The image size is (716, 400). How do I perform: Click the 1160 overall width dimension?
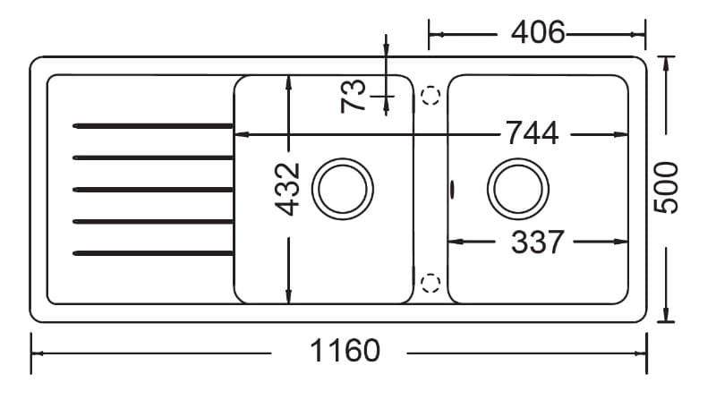[345, 351]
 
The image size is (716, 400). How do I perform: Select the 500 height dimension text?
[666, 187]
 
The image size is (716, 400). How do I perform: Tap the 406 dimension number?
[538, 33]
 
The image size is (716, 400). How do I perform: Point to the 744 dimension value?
[533, 132]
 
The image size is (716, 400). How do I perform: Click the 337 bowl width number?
[538, 242]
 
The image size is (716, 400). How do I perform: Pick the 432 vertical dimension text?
[287, 189]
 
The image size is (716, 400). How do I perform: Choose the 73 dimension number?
[354, 96]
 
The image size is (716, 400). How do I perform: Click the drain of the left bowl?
[343, 189]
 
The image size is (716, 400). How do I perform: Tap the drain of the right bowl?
[518, 189]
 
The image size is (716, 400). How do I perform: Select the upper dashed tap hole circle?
[430, 96]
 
